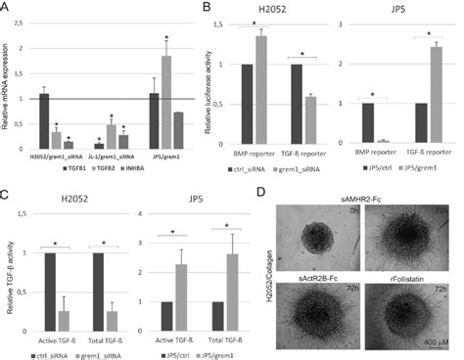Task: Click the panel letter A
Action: (x=7, y=9)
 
